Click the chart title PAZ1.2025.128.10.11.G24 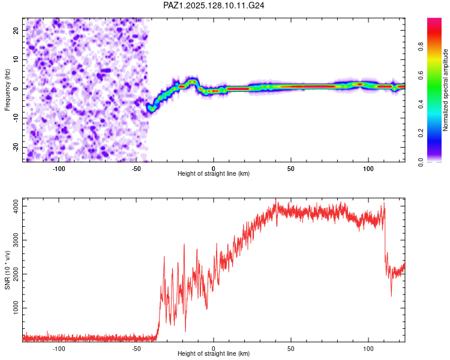pos(214,5)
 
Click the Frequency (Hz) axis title pos(7,90)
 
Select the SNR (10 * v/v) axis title pos(7,270)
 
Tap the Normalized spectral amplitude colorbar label pos(445,90)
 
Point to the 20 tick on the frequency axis pos(16,31)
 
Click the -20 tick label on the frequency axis pos(16,147)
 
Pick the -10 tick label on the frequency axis pos(16,118)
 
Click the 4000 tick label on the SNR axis pos(16,206)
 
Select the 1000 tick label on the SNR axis pos(16,308)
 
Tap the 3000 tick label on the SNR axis pos(16,240)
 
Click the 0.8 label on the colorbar pos(421,46)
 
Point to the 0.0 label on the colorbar pos(421,162)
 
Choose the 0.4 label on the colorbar pos(421,104)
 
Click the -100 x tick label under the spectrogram pos(59,169)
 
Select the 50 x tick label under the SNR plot pos(291,349)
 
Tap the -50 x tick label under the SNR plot pos(136,349)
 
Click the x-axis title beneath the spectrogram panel pos(214,173)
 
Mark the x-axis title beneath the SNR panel pos(214,353)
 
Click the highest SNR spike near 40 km pos(276,199)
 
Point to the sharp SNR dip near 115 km pos(391,296)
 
